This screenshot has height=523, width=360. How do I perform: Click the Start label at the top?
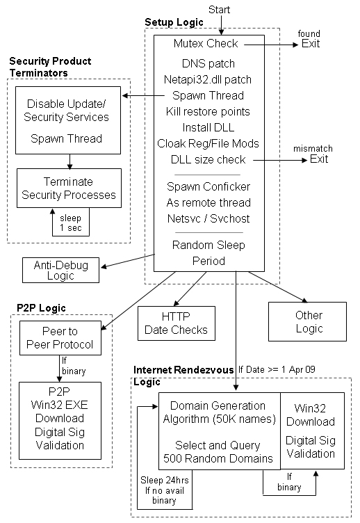pos(219,10)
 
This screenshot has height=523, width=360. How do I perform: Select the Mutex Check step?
pos(206,43)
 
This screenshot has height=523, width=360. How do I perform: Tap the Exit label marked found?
pos(311,44)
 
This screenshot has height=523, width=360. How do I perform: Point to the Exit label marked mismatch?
pos(319,159)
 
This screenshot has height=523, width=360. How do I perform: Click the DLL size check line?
pos(208,159)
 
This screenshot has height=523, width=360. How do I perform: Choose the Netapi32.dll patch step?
pos(208,79)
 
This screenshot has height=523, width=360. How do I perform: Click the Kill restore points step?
pos(208,111)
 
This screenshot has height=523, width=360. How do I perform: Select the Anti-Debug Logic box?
pos(60,270)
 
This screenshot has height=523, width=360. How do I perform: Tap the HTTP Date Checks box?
pos(177,323)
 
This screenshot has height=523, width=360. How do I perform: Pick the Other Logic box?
pos(307,321)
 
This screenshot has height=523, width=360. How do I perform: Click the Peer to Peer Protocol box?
pos(60,338)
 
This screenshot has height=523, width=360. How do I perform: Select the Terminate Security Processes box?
pos(69,188)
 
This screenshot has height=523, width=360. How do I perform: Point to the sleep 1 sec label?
pos(71,223)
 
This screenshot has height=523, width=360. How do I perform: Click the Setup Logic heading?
pos(174,22)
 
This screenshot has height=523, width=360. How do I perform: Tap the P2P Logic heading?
pos(41,308)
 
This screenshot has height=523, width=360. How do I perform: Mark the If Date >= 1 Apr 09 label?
pos(277,369)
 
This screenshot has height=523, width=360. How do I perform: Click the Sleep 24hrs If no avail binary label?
pos(164,490)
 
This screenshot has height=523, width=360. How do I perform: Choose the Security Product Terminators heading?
pos(50,67)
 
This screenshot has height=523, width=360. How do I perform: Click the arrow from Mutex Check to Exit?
pos(271,45)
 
